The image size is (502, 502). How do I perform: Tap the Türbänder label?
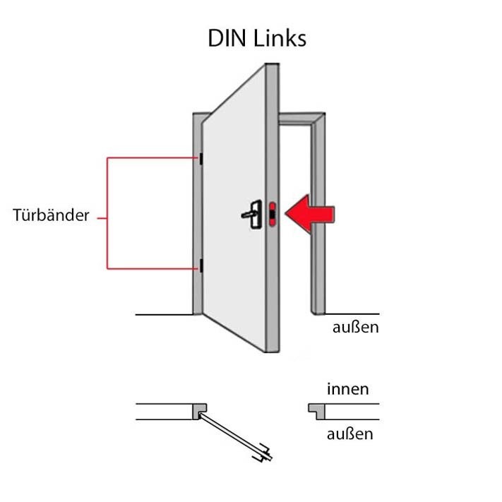tap(51, 215)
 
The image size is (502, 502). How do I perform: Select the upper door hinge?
tap(201, 159)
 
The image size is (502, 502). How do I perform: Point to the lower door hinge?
tap(201, 266)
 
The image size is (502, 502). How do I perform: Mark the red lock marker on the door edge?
tap(273, 213)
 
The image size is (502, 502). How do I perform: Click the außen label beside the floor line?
tap(355, 327)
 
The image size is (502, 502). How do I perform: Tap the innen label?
tap(347, 389)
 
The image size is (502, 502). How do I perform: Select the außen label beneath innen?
tap(349, 434)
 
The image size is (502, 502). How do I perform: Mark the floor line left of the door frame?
tap(162, 314)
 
